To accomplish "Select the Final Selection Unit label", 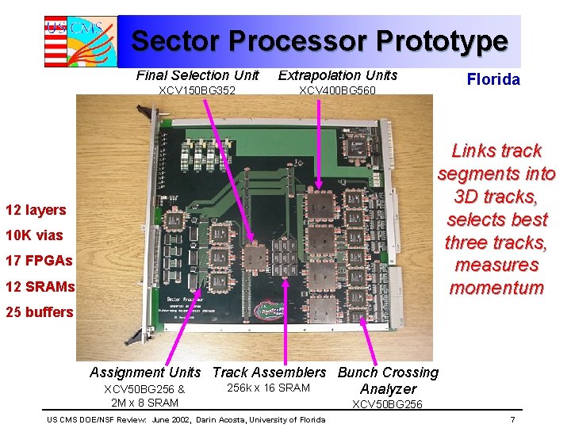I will [197, 75].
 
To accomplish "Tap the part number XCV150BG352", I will [197, 90].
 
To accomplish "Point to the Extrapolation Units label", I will [338, 75].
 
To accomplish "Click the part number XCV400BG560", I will [337, 90].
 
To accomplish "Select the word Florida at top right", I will [493, 79].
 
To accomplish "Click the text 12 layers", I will [36, 210].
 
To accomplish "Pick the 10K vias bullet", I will [33, 235].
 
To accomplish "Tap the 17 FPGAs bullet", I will [39, 261].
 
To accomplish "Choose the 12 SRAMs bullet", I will [40, 286].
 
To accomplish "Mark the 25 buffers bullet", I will [39, 311].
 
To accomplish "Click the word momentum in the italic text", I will [496, 288].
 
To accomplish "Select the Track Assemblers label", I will [269, 373].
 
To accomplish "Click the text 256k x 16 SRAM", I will [268, 388].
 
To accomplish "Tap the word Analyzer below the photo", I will [388, 389].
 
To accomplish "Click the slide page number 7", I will [513, 419].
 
